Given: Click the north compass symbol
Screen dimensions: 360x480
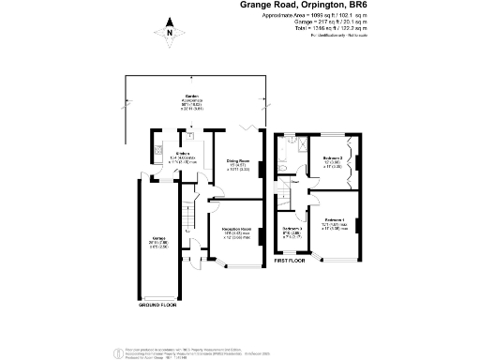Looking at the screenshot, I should (x=169, y=31).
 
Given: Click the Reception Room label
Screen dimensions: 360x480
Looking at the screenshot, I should (x=236, y=229).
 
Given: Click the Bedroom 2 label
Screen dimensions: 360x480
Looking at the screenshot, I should (x=332, y=157).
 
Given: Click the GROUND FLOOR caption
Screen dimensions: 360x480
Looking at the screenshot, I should (x=163, y=306).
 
